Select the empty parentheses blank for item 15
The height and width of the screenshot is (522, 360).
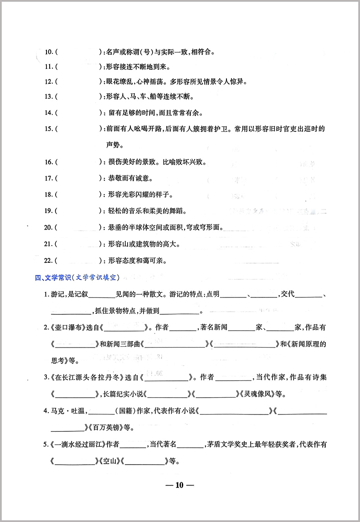pos(77,129)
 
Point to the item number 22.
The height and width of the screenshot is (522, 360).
pos(49,261)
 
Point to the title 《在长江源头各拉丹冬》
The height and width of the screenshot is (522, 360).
pos(94,378)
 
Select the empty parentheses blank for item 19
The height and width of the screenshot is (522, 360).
pos(77,211)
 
